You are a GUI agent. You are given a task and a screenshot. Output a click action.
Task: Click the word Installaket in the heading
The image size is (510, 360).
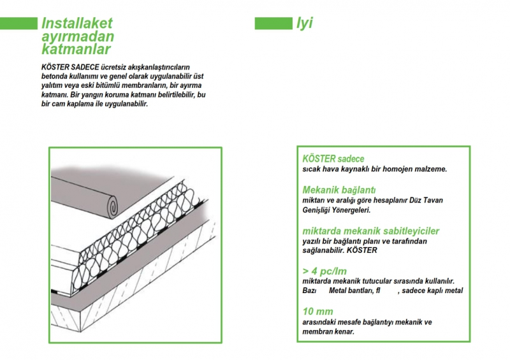(76, 23)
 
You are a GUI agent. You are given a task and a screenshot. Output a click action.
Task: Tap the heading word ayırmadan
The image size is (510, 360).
(78, 36)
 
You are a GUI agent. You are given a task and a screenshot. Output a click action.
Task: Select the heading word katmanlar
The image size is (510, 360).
(76, 50)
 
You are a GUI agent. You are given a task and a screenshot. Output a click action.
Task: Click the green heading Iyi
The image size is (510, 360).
(304, 23)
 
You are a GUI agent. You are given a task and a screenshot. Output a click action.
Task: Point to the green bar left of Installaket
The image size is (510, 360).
(18, 24)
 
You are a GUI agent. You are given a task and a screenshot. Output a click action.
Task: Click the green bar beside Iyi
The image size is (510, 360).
(273, 24)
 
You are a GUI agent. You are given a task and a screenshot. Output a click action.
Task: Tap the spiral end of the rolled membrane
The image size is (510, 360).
(113, 206)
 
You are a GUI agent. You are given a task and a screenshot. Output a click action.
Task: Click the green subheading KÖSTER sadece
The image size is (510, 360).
(333, 159)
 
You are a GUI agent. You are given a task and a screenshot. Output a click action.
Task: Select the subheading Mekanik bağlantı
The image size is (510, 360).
(339, 190)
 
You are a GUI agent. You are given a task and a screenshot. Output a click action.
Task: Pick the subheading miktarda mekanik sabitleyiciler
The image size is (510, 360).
(371, 231)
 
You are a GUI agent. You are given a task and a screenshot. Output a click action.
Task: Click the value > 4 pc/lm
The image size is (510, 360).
(324, 271)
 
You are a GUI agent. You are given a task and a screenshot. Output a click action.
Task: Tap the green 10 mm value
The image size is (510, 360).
(317, 312)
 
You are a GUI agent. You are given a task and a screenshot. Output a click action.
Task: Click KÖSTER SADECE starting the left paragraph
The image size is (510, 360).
(70, 68)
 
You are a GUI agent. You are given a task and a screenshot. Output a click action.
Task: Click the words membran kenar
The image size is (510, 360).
(328, 332)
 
